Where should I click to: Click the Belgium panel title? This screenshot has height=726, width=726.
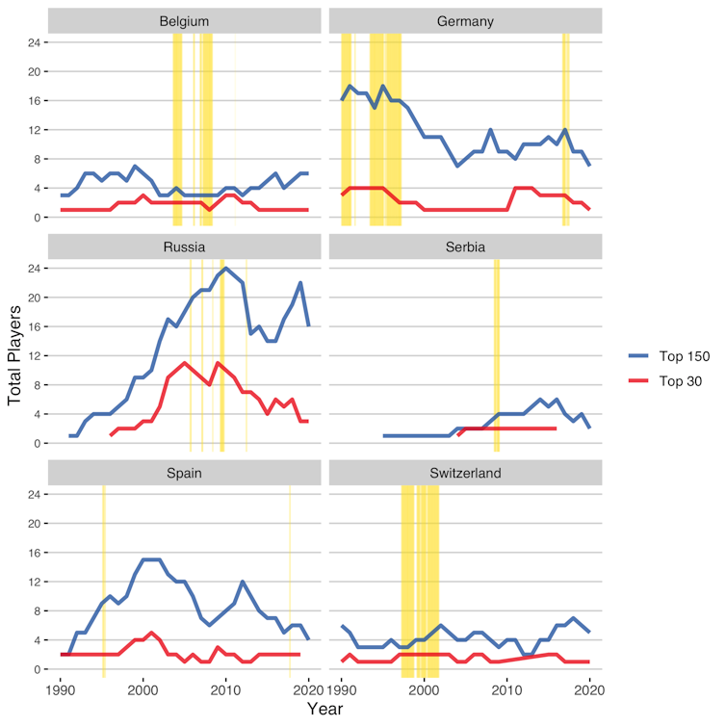(185, 20)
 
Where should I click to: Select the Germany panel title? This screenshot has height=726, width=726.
(466, 20)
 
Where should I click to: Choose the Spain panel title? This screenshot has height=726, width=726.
(185, 473)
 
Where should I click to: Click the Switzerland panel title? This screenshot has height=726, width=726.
(466, 473)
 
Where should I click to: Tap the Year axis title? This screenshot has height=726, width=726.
(325, 709)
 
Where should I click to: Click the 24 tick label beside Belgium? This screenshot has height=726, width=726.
(33, 42)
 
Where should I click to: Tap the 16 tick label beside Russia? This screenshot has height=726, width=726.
(33, 326)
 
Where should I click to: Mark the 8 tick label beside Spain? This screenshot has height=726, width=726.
(36, 610)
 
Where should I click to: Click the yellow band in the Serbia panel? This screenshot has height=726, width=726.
(497, 356)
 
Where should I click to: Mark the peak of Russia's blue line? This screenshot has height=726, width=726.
(226, 268)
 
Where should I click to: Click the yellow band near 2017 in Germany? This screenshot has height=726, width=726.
(566, 130)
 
